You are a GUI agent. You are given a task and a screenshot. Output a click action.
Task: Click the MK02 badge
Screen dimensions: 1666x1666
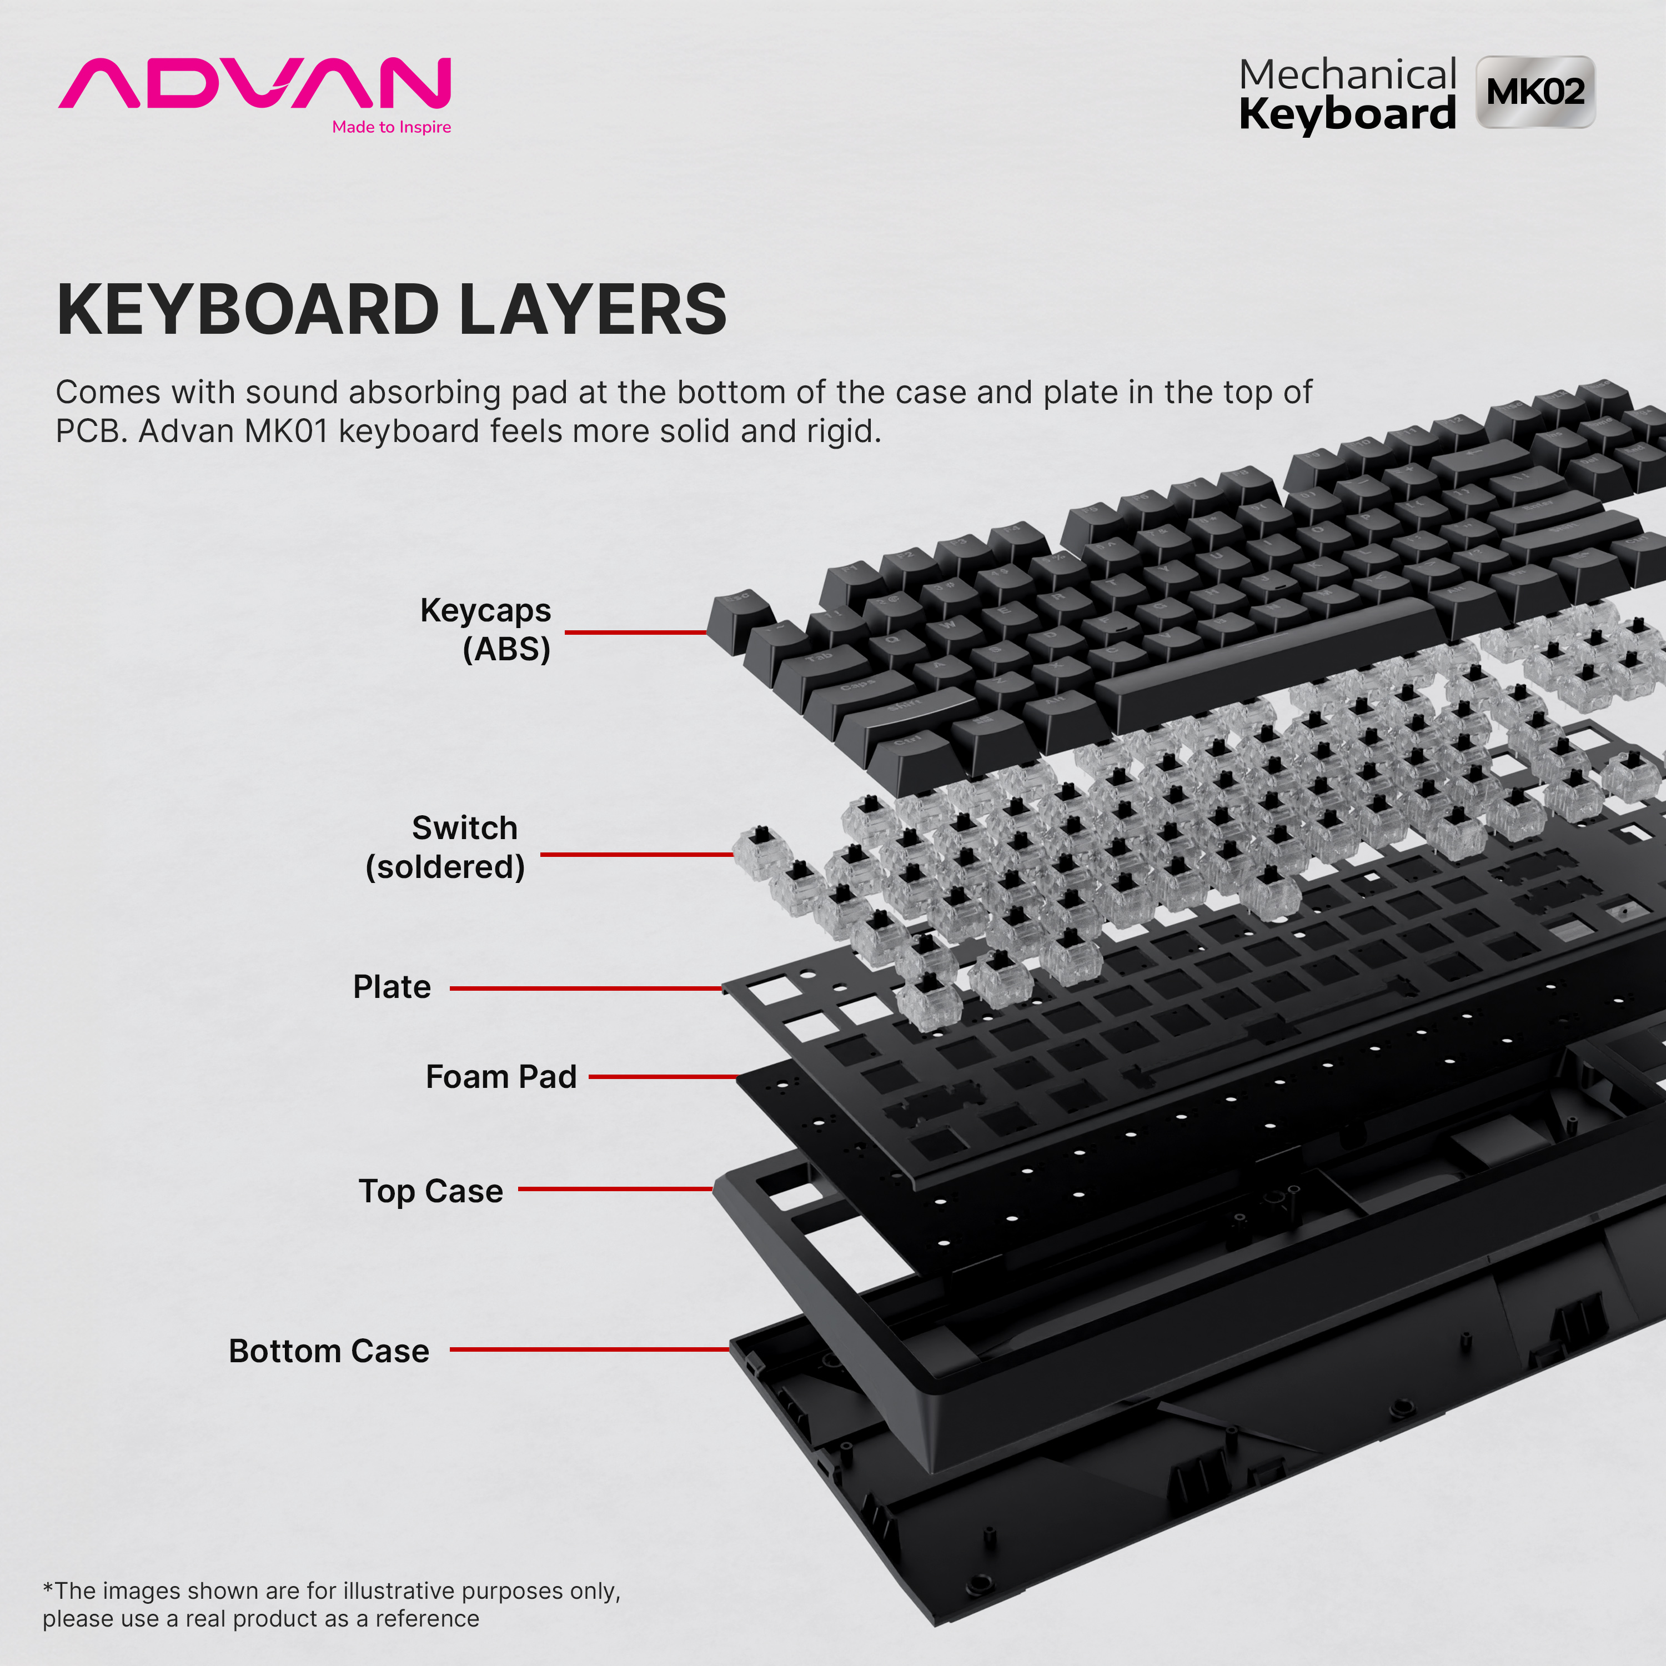pyautogui.click(x=1535, y=92)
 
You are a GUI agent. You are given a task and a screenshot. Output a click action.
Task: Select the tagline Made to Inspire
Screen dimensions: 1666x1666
pyautogui.click(x=392, y=128)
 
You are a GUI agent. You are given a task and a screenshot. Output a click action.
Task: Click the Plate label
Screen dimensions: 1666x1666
pyautogui.click(x=392, y=986)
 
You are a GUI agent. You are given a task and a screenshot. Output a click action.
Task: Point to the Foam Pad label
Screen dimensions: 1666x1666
pyautogui.click(x=501, y=1076)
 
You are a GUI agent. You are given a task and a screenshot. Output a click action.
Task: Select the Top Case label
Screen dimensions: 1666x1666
pyautogui.click(x=430, y=1191)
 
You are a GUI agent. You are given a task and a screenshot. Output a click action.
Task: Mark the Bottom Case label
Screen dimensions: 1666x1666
pyautogui.click(x=329, y=1351)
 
